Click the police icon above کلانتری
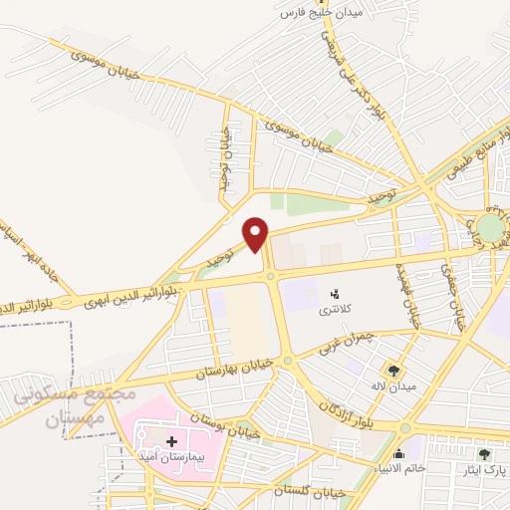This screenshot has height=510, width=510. (x=336, y=294)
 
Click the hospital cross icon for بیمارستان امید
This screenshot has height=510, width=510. (x=170, y=440)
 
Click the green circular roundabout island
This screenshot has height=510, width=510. (x=489, y=224)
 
